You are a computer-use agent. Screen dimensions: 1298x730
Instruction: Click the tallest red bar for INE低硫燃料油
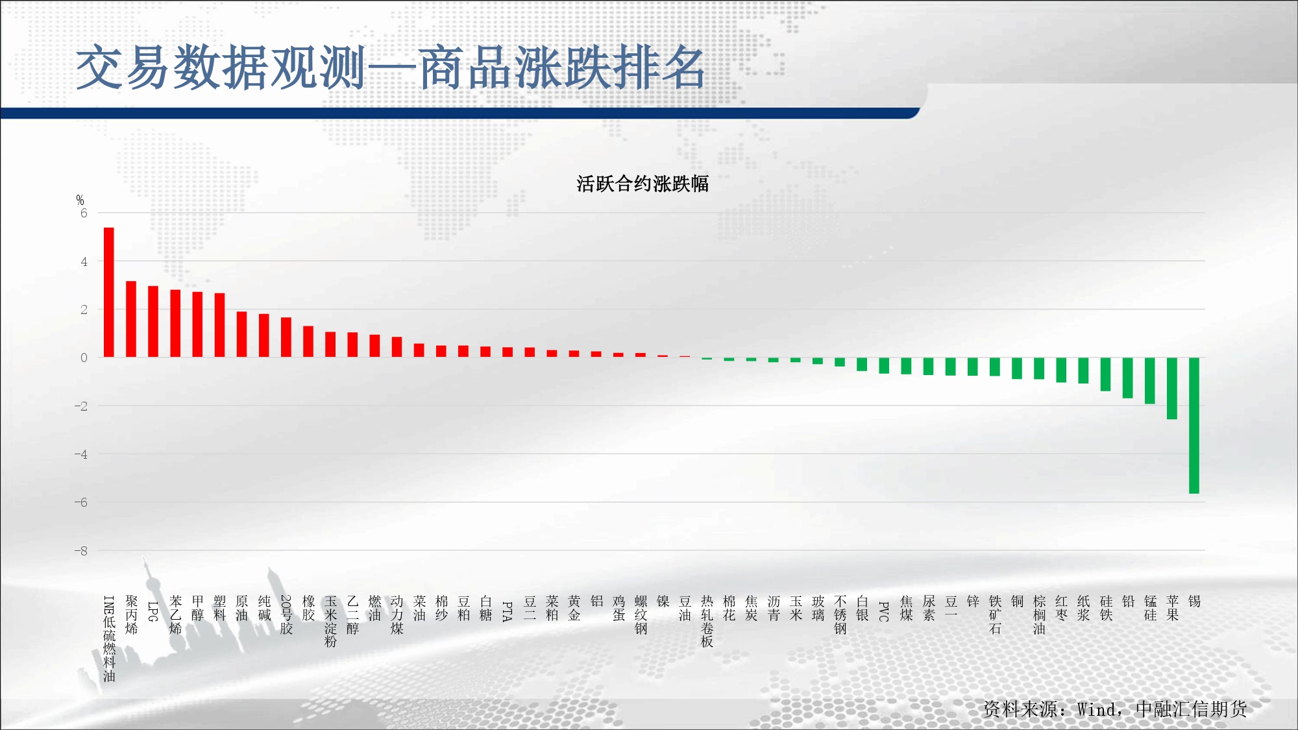click(x=109, y=292)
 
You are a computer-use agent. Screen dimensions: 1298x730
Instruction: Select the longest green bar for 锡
click(x=1194, y=426)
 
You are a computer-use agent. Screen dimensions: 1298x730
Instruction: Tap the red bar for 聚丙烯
click(x=131, y=319)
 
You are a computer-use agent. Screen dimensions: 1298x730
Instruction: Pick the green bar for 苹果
click(x=1172, y=389)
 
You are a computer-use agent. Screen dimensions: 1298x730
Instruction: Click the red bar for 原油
click(x=241, y=334)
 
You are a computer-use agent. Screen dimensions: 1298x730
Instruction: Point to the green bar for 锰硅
click(x=1150, y=381)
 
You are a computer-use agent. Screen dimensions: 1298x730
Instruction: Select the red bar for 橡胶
click(x=308, y=341)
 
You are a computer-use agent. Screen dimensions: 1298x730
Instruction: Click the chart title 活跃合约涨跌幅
click(x=643, y=184)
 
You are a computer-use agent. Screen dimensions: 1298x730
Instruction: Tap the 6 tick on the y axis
click(x=84, y=213)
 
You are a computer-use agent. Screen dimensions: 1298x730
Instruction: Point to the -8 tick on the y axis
click(x=80, y=551)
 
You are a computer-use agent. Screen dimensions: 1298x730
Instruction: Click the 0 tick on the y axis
click(x=84, y=358)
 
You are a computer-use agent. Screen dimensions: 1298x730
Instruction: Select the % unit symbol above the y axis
click(x=80, y=200)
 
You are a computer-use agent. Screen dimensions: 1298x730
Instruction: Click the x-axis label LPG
click(x=153, y=611)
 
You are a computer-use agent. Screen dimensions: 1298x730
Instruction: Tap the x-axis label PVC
click(x=884, y=611)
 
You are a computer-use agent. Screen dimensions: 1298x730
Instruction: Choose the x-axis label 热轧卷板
click(x=707, y=622)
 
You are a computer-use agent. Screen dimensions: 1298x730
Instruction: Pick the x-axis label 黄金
click(x=574, y=609)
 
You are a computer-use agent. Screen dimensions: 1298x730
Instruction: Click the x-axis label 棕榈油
click(x=1040, y=615)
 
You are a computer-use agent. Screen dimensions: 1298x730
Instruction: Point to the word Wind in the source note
click(x=1097, y=709)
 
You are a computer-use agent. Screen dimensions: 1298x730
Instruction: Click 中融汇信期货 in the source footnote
click(x=1192, y=709)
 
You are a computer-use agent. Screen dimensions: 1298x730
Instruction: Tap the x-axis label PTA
click(x=508, y=611)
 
